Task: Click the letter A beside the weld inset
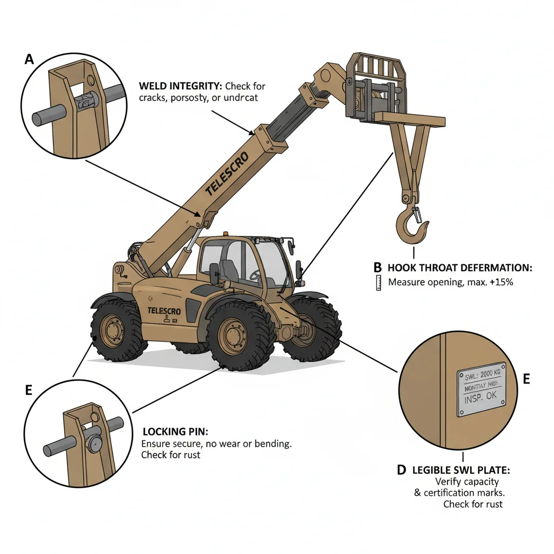pos(29,60)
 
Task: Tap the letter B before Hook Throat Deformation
pos(378,267)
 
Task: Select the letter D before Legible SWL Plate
pos(401,470)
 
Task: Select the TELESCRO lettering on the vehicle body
pos(164,311)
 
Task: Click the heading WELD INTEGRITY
pos(180,86)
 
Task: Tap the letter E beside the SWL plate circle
pos(526,379)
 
